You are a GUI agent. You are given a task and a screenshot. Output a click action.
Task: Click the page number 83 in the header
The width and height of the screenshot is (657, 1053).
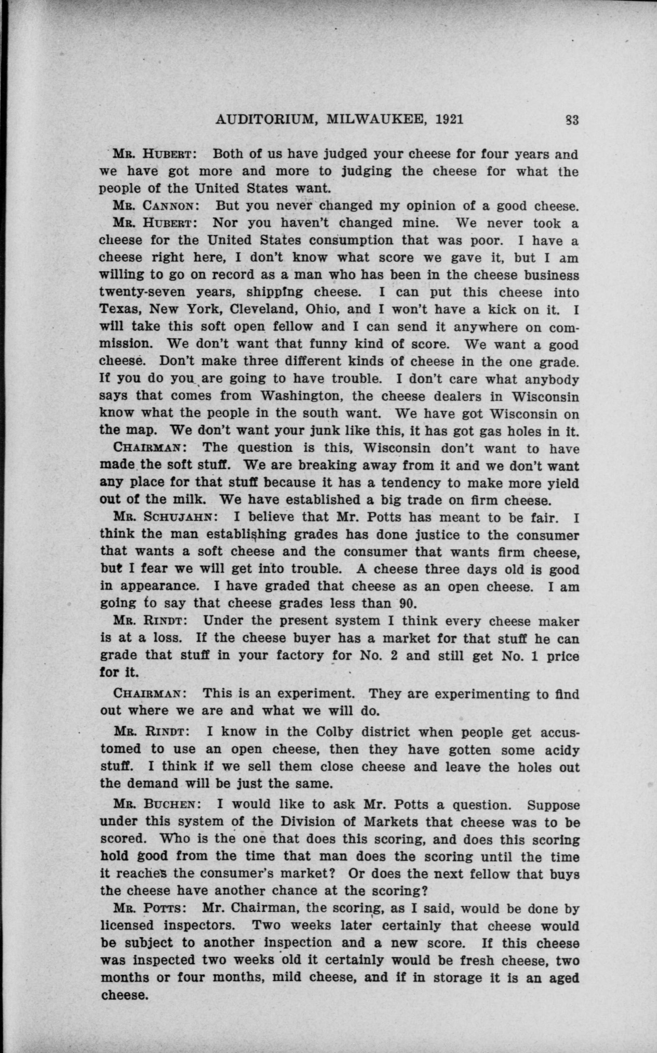572,120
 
